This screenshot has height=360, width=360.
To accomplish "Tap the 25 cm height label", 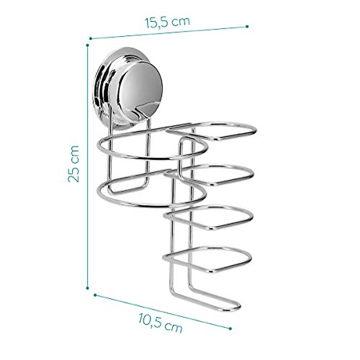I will click(74, 164).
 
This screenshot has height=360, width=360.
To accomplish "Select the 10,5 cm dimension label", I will click(160, 319).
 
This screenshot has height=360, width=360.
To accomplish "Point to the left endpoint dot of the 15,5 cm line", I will click(90, 38).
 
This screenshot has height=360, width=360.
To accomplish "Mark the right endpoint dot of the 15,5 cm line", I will click(247, 26).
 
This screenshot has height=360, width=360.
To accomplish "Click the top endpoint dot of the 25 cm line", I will click(87, 45).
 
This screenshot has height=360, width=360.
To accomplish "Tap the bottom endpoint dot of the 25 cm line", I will click(88, 288).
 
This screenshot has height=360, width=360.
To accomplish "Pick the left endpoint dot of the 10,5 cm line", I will click(95, 295).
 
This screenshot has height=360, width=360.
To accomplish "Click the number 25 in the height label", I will click(74, 174).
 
